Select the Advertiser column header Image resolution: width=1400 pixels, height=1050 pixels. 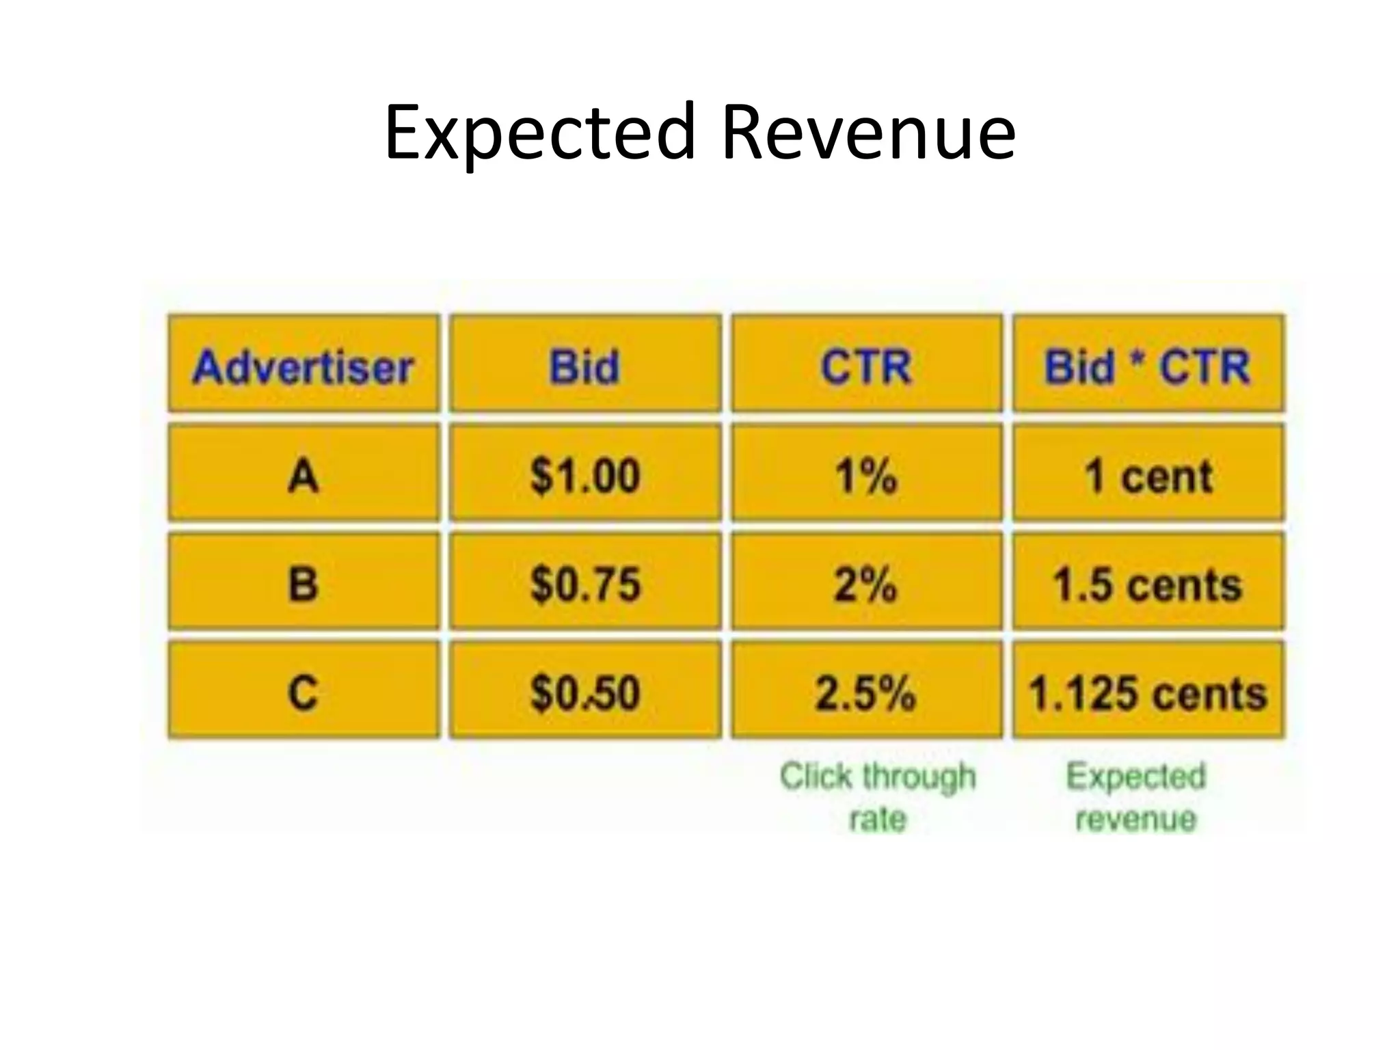coord(304,366)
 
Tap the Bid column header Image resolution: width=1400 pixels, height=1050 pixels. coord(585,366)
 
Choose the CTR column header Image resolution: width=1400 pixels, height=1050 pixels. coord(866,366)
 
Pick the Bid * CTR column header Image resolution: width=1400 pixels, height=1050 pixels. coord(1148,366)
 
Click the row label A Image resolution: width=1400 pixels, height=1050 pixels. coord(304,475)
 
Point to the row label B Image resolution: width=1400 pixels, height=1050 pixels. coord(304,584)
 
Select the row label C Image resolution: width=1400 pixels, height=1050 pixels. coord(304,692)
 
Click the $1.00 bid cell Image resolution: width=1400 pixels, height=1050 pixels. coord(585,475)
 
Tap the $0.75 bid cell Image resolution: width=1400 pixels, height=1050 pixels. coord(585,584)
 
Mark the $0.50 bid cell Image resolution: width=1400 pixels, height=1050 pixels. coord(585,692)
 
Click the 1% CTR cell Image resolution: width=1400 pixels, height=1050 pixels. coord(866,475)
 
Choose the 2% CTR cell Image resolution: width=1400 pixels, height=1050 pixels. coord(866,584)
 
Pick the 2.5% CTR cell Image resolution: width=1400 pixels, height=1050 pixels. coord(866,692)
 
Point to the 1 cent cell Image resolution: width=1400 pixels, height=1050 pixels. coord(1148,475)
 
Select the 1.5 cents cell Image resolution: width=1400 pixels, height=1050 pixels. coord(1148,584)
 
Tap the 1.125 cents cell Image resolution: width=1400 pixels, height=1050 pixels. coord(1148,692)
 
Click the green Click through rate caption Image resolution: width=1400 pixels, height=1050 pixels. coord(878,797)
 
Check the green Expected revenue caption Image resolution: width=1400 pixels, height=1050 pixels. coord(1136,797)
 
